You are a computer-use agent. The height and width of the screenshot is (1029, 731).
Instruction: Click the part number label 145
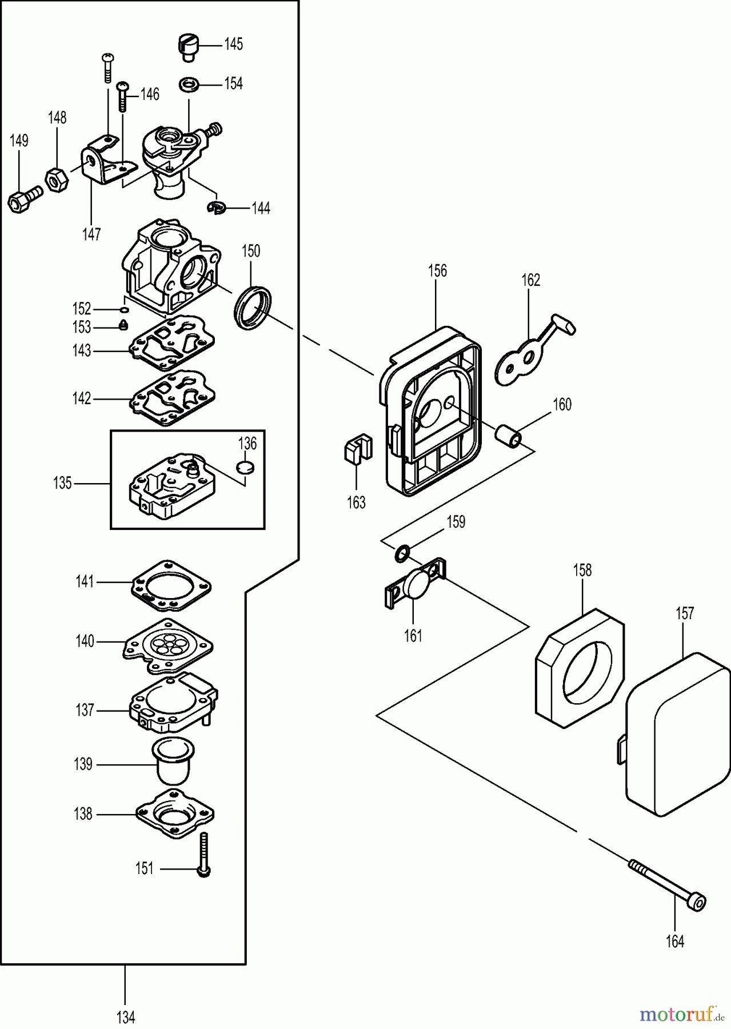click(233, 44)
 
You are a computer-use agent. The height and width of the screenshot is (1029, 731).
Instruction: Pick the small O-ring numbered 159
click(402, 553)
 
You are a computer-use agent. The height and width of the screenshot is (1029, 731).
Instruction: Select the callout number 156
click(437, 271)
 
